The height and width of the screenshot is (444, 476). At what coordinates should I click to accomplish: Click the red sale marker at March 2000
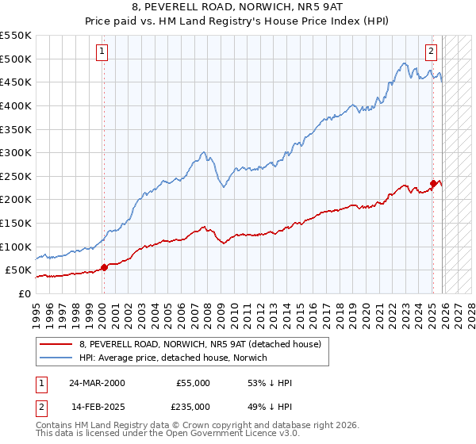pyautogui.click(x=104, y=267)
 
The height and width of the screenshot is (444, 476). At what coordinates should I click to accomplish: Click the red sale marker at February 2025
pyautogui.click(x=433, y=183)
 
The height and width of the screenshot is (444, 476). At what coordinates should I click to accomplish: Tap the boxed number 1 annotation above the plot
pyautogui.click(x=103, y=52)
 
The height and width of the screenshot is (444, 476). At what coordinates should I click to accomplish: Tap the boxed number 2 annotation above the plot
pyautogui.click(x=432, y=52)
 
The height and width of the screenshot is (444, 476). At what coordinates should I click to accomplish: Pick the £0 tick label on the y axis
pyautogui.click(x=24, y=293)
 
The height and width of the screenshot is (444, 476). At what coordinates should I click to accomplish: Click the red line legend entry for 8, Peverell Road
pyautogui.click(x=199, y=344)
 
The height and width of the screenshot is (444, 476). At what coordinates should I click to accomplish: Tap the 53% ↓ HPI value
pyautogui.click(x=270, y=383)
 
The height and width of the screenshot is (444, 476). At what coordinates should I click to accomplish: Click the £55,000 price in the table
pyautogui.click(x=193, y=383)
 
